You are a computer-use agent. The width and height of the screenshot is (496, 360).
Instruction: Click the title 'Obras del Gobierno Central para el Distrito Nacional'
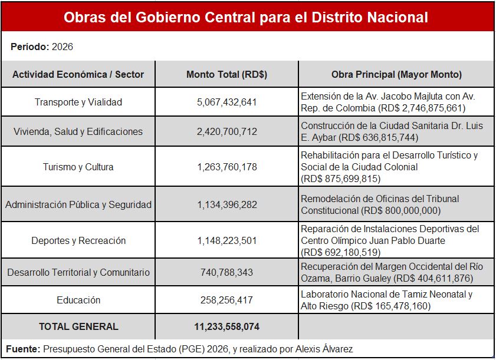pos(246,17)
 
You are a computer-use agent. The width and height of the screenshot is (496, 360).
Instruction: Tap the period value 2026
pos(63,47)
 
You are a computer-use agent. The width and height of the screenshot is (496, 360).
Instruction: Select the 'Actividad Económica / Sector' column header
pos(78,74)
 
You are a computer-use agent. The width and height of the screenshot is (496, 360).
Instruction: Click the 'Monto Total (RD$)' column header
pos(226,74)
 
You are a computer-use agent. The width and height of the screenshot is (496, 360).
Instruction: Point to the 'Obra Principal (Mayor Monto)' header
pos(396,74)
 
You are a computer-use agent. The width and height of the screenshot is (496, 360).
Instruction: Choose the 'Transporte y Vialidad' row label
pos(78,102)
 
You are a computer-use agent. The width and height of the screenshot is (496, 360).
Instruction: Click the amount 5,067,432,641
pos(226,102)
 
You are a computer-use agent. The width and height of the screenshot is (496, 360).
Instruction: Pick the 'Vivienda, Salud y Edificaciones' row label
pos(78,131)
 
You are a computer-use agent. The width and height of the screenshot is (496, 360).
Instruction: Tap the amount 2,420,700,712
pos(226,131)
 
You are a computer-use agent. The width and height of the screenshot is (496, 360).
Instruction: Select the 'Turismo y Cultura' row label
pos(78,167)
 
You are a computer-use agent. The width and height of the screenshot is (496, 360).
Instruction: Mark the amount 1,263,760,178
pos(226,167)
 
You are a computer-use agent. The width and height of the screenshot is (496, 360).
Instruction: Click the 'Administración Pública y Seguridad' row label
pos(78,205)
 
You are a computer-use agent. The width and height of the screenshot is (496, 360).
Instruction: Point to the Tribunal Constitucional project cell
pos(380,204)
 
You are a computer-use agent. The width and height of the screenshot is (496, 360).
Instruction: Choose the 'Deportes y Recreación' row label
pos(78,240)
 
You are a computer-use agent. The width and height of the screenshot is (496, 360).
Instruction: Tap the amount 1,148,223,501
pos(226,240)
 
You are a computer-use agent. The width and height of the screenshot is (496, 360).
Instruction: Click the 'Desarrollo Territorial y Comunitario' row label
pos(78,272)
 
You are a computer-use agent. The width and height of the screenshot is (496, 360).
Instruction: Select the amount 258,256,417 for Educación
pos(226,300)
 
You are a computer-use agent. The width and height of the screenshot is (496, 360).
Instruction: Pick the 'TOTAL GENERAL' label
pos(78,326)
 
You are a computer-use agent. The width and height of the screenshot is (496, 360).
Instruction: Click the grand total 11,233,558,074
pos(226,326)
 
